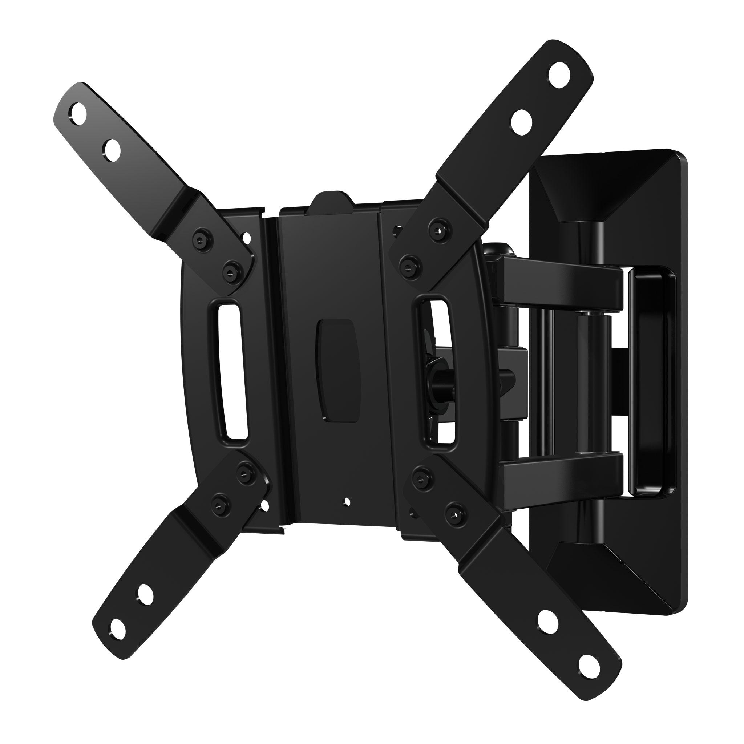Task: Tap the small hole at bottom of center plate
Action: point(347,501)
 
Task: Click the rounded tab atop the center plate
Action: point(332,201)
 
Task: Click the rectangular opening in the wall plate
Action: point(651,381)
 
